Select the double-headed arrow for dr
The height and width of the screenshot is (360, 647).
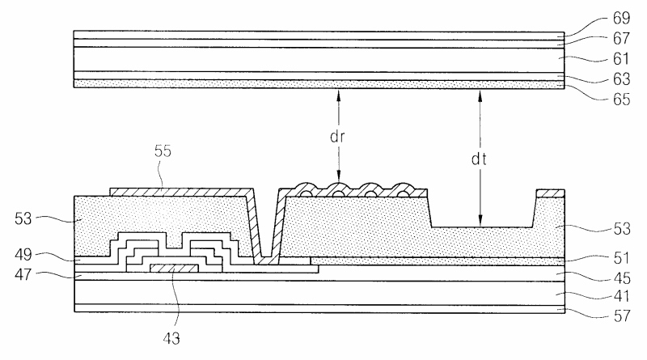point(339,137)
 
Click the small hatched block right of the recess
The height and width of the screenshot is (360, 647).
point(549,193)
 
